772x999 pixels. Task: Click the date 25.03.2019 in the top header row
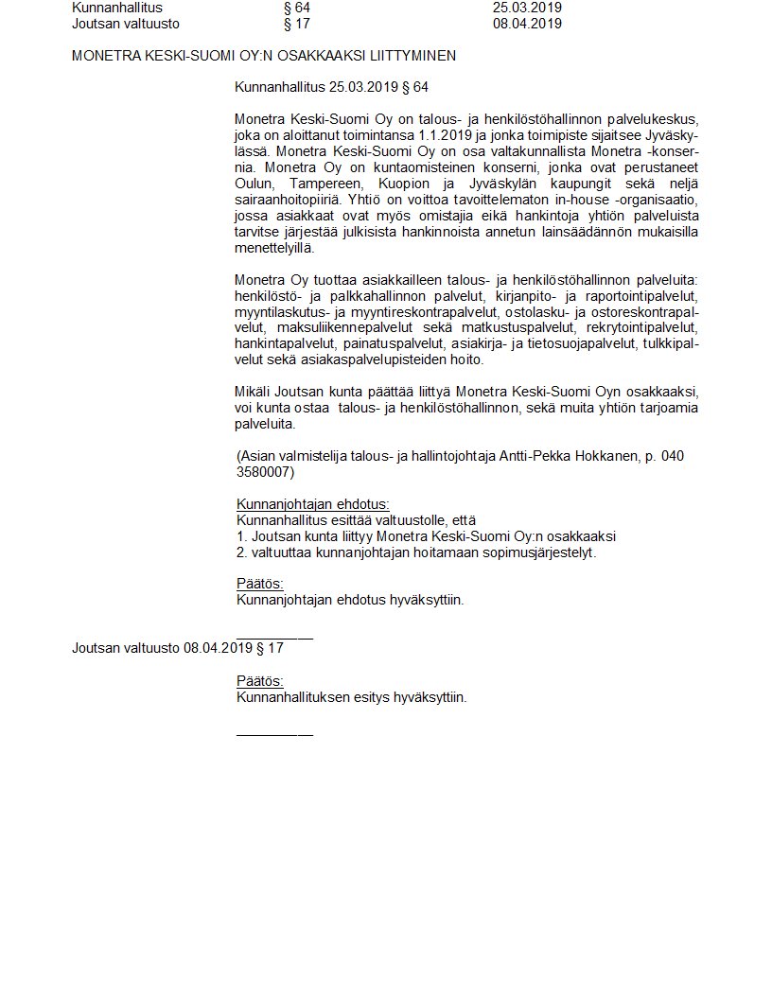click(527, 9)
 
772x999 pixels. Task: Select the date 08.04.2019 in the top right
click(527, 24)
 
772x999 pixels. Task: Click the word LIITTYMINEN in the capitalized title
click(412, 56)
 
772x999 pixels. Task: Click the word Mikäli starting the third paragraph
click(253, 392)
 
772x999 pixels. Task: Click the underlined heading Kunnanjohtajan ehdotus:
click(312, 504)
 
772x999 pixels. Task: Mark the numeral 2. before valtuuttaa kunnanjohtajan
click(241, 552)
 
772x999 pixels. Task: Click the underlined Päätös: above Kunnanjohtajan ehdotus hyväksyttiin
click(259, 584)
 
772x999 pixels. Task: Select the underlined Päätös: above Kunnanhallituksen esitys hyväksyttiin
click(259, 682)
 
